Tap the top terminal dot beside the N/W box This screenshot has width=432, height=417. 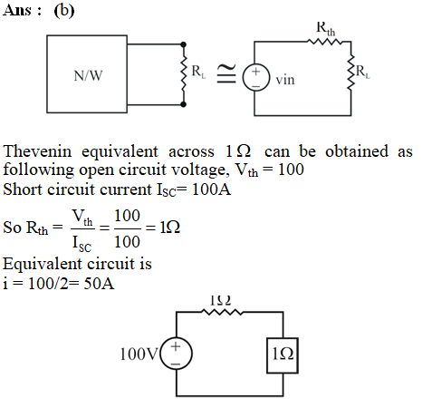point(183,44)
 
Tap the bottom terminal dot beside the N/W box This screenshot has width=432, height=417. point(183,104)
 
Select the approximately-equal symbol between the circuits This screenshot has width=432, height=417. point(226,73)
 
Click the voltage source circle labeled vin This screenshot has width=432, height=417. point(255,78)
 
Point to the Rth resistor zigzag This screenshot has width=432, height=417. point(325,42)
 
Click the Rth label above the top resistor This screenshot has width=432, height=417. point(326,28)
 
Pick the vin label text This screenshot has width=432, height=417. point(285,80)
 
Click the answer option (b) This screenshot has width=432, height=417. point(64,11)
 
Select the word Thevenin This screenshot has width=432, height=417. point(38,151)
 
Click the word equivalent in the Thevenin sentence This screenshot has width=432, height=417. point(120,151)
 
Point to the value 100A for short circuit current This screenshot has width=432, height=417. point(211,189)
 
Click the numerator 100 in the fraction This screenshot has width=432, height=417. point(127,216)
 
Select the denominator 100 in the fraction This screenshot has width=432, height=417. point(127,242)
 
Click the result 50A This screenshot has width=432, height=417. point(99,284)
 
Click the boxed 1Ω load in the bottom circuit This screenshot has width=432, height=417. point(283,355)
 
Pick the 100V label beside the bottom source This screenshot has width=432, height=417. point(139,354)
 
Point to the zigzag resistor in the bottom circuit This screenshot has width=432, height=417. point(223,312)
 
